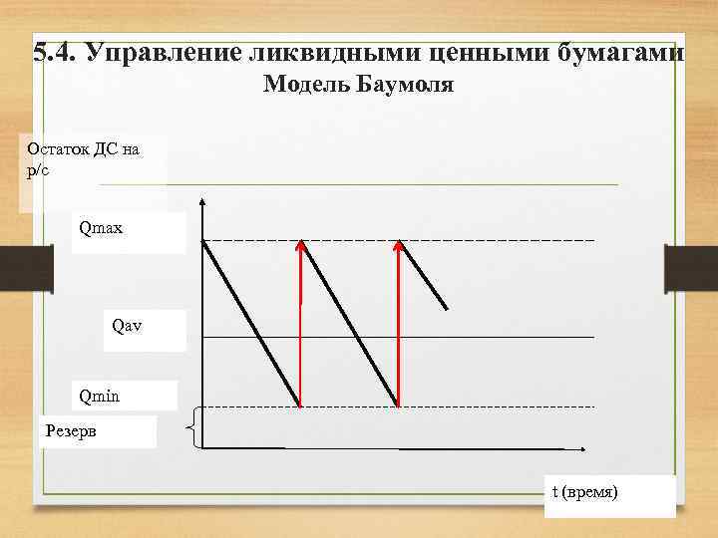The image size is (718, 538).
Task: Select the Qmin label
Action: pos(100,397)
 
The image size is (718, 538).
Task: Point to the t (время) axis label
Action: pos(585,491)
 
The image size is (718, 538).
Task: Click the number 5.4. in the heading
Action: pos(55,52)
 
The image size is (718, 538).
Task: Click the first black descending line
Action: pos(251,324)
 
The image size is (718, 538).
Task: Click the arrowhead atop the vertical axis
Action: pos(202,205)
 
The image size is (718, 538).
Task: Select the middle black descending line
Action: pos(349,324)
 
